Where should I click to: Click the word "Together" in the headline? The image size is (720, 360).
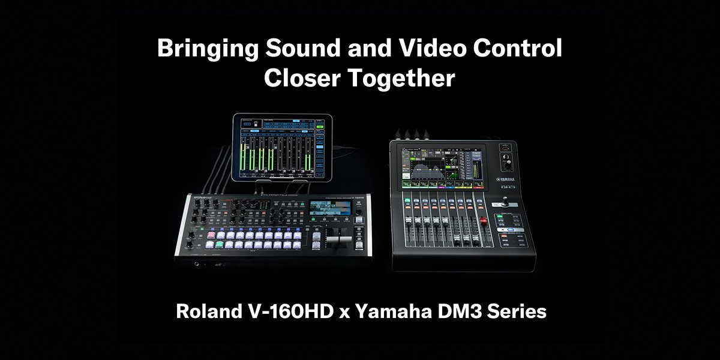pos(405,79)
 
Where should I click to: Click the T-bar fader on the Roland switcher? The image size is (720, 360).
pos(337,239)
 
